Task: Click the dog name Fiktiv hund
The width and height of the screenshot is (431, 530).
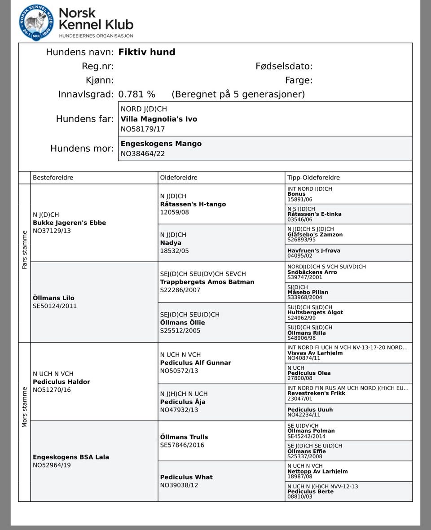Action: click(x=146, y=52)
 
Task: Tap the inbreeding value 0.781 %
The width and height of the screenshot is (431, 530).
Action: click(x=136, y=94)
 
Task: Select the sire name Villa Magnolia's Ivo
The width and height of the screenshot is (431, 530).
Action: click(x=158, y=119)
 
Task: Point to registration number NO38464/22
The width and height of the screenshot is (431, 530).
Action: click(x=143, y=153)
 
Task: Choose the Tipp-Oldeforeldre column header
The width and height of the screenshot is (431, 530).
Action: click(x=313, y=177)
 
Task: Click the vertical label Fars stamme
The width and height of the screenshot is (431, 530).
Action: click(x=24, y=250)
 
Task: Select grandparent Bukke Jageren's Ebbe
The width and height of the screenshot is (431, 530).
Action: click(x=69, y=223)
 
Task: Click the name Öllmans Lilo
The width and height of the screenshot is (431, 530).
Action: click(x=53, y=298)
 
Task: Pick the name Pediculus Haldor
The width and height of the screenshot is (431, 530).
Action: click(x=62, y=382)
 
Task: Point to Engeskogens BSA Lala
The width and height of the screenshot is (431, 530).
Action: click(x=71, y=457)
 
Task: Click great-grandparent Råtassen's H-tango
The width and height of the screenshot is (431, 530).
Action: click(x=193, y=204)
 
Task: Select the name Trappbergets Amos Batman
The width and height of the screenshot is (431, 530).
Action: click(x=207, y=282)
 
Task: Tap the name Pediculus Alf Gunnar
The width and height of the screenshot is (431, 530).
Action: click(x=195, y=363)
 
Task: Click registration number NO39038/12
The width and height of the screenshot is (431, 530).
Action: click(x=179, y=485)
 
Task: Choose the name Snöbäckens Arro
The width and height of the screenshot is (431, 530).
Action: click(x=312, y=272)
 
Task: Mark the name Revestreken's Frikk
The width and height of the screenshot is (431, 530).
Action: click(x=316, y=393)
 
